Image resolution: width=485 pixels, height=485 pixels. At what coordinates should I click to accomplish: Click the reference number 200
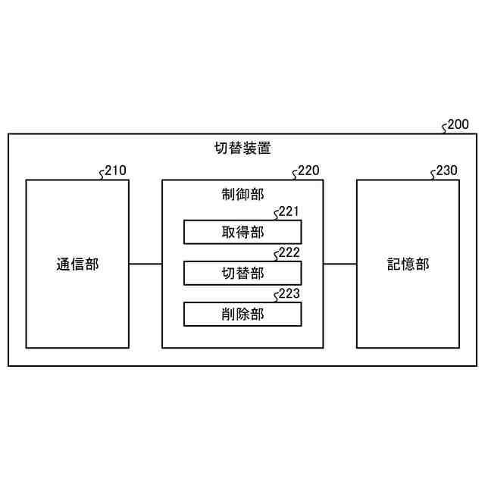pos(458,124)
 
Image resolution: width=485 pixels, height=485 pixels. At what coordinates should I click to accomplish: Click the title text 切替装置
pos(242,149)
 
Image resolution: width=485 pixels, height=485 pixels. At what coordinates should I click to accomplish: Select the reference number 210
pos(116,171)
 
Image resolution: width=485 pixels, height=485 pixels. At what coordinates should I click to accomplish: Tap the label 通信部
pos(77,264)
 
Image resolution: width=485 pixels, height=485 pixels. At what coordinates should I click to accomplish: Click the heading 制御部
pos(242,195)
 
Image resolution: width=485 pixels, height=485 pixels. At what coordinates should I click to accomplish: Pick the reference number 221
pos(289,211)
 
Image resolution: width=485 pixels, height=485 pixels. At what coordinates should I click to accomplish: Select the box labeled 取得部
pos(242,232)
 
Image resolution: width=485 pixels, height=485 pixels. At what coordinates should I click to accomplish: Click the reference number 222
pos(289,252)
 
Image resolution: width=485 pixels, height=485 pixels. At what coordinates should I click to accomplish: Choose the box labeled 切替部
pos(242,273)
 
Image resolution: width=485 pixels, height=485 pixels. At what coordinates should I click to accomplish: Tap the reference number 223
pos(289,293)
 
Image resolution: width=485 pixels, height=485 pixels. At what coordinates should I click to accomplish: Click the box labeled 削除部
pos(242,314)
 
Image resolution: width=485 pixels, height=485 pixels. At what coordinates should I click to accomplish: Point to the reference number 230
pos(447,171)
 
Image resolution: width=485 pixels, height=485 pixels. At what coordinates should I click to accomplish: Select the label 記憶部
pos(408,264)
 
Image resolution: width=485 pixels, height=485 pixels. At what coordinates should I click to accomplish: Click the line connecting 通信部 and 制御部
pos(145,264)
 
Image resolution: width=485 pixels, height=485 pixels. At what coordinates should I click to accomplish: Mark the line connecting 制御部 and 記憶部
pos(339,264)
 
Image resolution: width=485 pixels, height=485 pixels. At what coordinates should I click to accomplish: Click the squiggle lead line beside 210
pos(102,174)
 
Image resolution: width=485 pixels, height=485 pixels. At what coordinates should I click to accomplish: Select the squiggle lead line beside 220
pos(294,174)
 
